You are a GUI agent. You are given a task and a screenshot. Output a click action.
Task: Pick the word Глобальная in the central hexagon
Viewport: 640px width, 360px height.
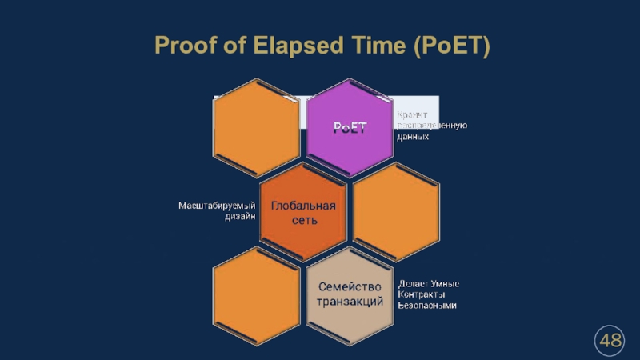pyautogui.click(x=303, y=206)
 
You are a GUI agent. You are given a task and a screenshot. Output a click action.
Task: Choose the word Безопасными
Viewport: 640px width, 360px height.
pyautogui.click(x=427, y=306)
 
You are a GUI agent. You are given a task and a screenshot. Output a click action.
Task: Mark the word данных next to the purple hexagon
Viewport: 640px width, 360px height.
pyautogui.click(x=413, y=137)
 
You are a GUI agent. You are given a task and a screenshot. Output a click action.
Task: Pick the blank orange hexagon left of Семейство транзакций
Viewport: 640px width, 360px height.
pyautogui.click(x=257, y=293)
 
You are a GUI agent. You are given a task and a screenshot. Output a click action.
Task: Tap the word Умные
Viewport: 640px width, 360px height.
pyautogui.click(x=445, y=284)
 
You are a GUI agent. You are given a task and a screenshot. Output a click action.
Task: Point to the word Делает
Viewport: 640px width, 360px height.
pyautogui.click(x=413, y=284)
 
